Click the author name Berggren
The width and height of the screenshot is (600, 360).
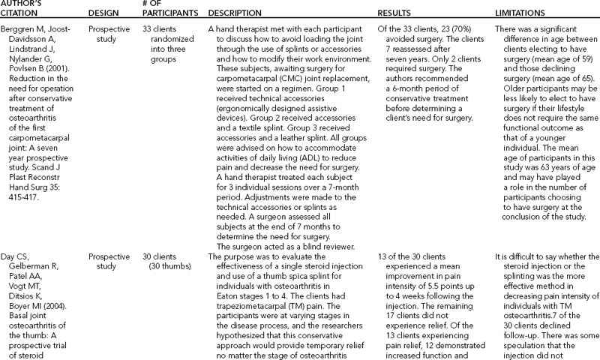tap(22, 28)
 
